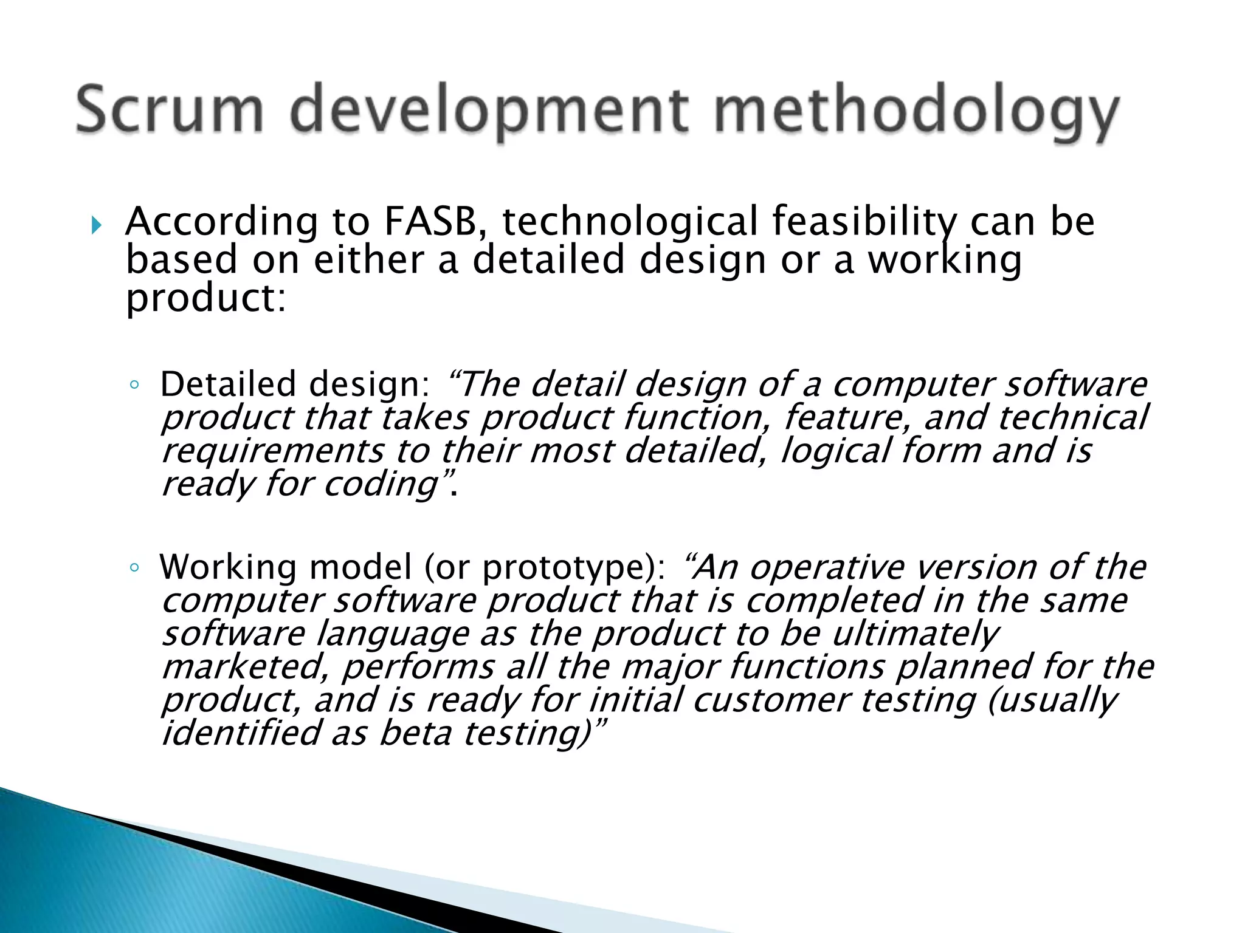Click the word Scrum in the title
tap(170, 111)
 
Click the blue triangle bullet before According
tap(96, 226)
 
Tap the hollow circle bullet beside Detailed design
tap(135, 385)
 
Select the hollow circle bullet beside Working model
tap(135, 568)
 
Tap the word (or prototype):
tap(544, 568)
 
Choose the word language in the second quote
tap(393, 635)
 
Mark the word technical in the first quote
tap(1072, 419)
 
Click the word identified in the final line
tap(241, 734)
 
